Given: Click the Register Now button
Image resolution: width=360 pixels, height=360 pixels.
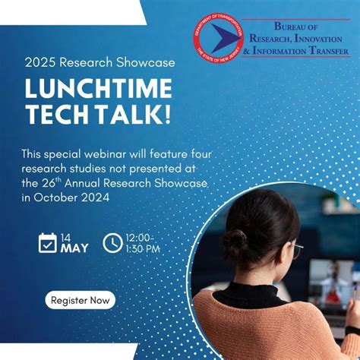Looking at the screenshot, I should pyautogui.click(x=80, y=300).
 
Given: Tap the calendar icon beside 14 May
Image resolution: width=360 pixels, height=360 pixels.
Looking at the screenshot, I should pyautogui.click(x=48, y=243).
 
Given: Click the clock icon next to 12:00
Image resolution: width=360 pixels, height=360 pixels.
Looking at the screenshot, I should pyautogui.click(x=112, y=243).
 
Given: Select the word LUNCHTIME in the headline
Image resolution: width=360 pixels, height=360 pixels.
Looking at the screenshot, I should pyautogui.click(x=99, y=89).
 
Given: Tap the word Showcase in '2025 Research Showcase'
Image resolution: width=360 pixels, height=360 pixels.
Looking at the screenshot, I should pyautogui.click(x=147, y=62).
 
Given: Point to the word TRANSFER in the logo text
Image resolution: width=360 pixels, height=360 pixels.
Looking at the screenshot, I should pyautogui.click(x=325, y=52).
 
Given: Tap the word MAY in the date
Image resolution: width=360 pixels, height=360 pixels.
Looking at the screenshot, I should pyautogui.click(x=75, y=248).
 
